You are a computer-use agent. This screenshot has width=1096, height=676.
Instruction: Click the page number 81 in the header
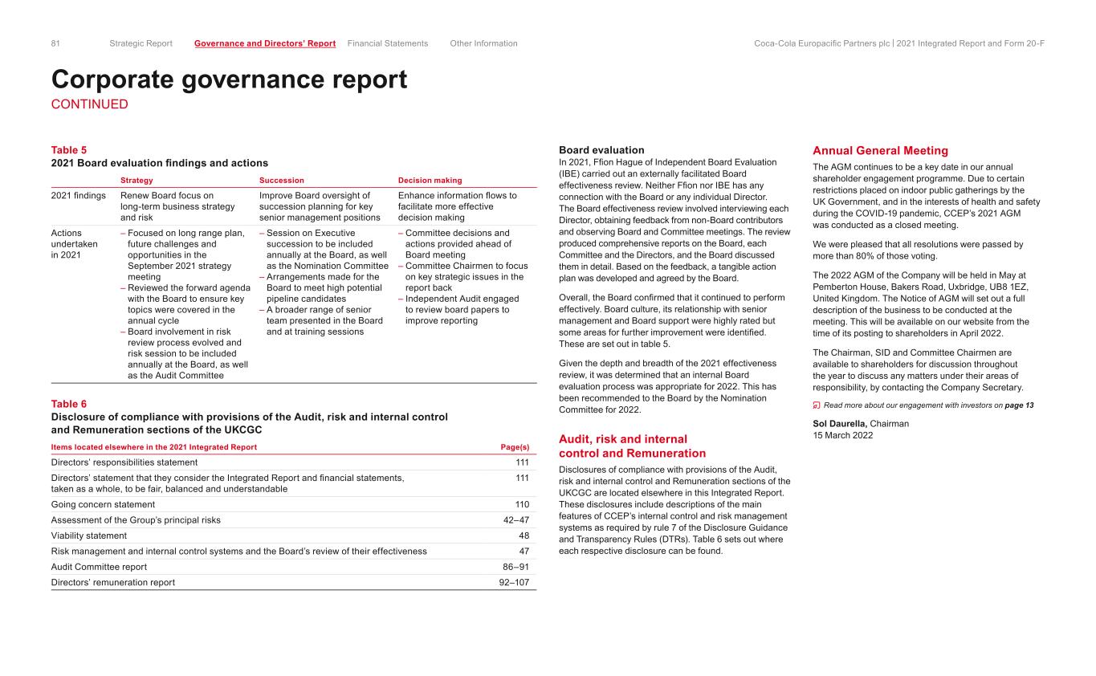click(x=56, y=43)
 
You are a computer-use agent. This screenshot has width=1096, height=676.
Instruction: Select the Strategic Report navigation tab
click(x=141, y=43)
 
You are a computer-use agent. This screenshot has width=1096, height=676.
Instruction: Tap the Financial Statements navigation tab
click(x=388, y=43)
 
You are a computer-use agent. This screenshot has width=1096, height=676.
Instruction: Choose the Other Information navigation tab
click(x=483, y=43)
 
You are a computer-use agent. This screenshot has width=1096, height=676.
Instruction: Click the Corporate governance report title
click(x=229, y=79)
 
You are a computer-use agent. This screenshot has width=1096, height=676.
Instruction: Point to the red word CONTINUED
click(x=89, y=104)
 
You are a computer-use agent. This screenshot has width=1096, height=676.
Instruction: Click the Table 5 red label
click(x=68, y=150)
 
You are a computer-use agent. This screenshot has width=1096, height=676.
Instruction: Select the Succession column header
click(x=282, y=181)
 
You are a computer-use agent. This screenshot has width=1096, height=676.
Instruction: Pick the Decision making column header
click(x=430, y=181)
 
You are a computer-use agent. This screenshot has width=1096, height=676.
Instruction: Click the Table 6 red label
click(x=68, y=404)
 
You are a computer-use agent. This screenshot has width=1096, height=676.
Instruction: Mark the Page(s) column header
click(x=514, y=447)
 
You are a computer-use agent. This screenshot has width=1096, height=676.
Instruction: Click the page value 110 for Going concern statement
click(x=521, y=504)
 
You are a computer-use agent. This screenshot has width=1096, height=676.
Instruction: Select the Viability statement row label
click(x=88, y=536)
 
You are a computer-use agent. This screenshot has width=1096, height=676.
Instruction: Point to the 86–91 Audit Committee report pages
click(x=514, y=567)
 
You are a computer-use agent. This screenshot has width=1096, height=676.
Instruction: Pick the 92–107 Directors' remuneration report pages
click(x=514, y=582)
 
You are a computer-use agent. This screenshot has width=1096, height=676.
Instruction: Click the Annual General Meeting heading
click(x=880, y=151)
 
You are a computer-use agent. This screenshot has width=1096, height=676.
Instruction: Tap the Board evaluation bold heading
click(x=601, y=150)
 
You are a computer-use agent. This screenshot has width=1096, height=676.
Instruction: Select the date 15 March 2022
click(x=842, y=435)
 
